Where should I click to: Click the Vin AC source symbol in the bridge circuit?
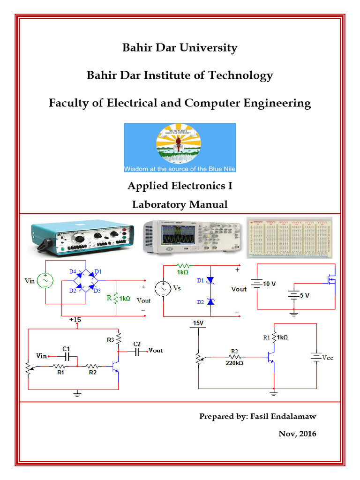point(45,281)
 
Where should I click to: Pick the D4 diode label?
point(73,272)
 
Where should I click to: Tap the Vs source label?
point(177,289)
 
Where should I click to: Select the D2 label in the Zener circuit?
point(200,302)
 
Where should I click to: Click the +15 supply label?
point(75,320)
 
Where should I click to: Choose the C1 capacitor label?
point(66,348)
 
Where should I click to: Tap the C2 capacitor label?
point(137,343)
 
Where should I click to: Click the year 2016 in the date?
point(307,434)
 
